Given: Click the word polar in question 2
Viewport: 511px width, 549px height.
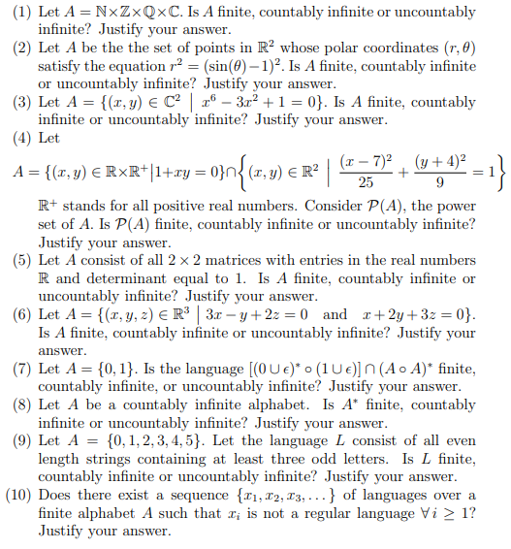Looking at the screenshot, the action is click(304, 48).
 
